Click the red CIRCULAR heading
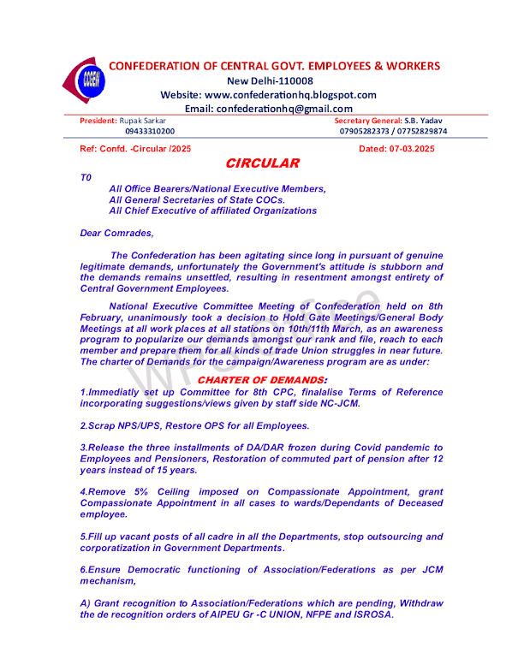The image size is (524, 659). point(262,163)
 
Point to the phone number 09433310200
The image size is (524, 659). point(150,132)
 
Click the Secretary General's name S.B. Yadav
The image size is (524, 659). point(424,121)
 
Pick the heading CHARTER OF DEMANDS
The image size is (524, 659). point(262,379)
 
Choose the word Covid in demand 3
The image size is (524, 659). point(322,448)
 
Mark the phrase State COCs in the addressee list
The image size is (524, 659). point(256,199)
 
